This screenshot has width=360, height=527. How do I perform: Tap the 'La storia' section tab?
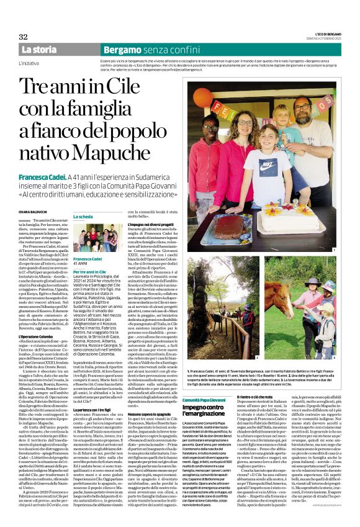point(38,50)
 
